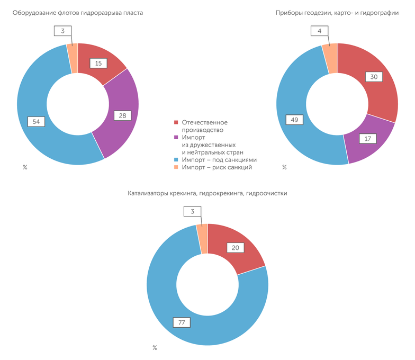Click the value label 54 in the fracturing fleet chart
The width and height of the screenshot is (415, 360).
click(37, 122)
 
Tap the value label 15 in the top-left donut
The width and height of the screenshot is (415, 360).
click(98, 64)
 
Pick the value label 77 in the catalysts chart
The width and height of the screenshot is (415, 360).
click(182, 322)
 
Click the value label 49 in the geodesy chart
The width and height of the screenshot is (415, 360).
click(294, 120)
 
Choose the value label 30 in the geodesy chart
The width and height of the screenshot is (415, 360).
click(374, 77)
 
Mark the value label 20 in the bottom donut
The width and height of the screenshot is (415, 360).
click(235, 247)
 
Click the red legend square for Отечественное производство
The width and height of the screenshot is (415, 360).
click(176, 123)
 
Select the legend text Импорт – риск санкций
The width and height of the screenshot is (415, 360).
click(216, 167)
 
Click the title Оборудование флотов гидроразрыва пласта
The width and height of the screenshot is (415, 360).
click(78, 12)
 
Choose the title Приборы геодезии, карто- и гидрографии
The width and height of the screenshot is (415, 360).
click(337, 12)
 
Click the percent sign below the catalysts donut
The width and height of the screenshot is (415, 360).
click(155, 348)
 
